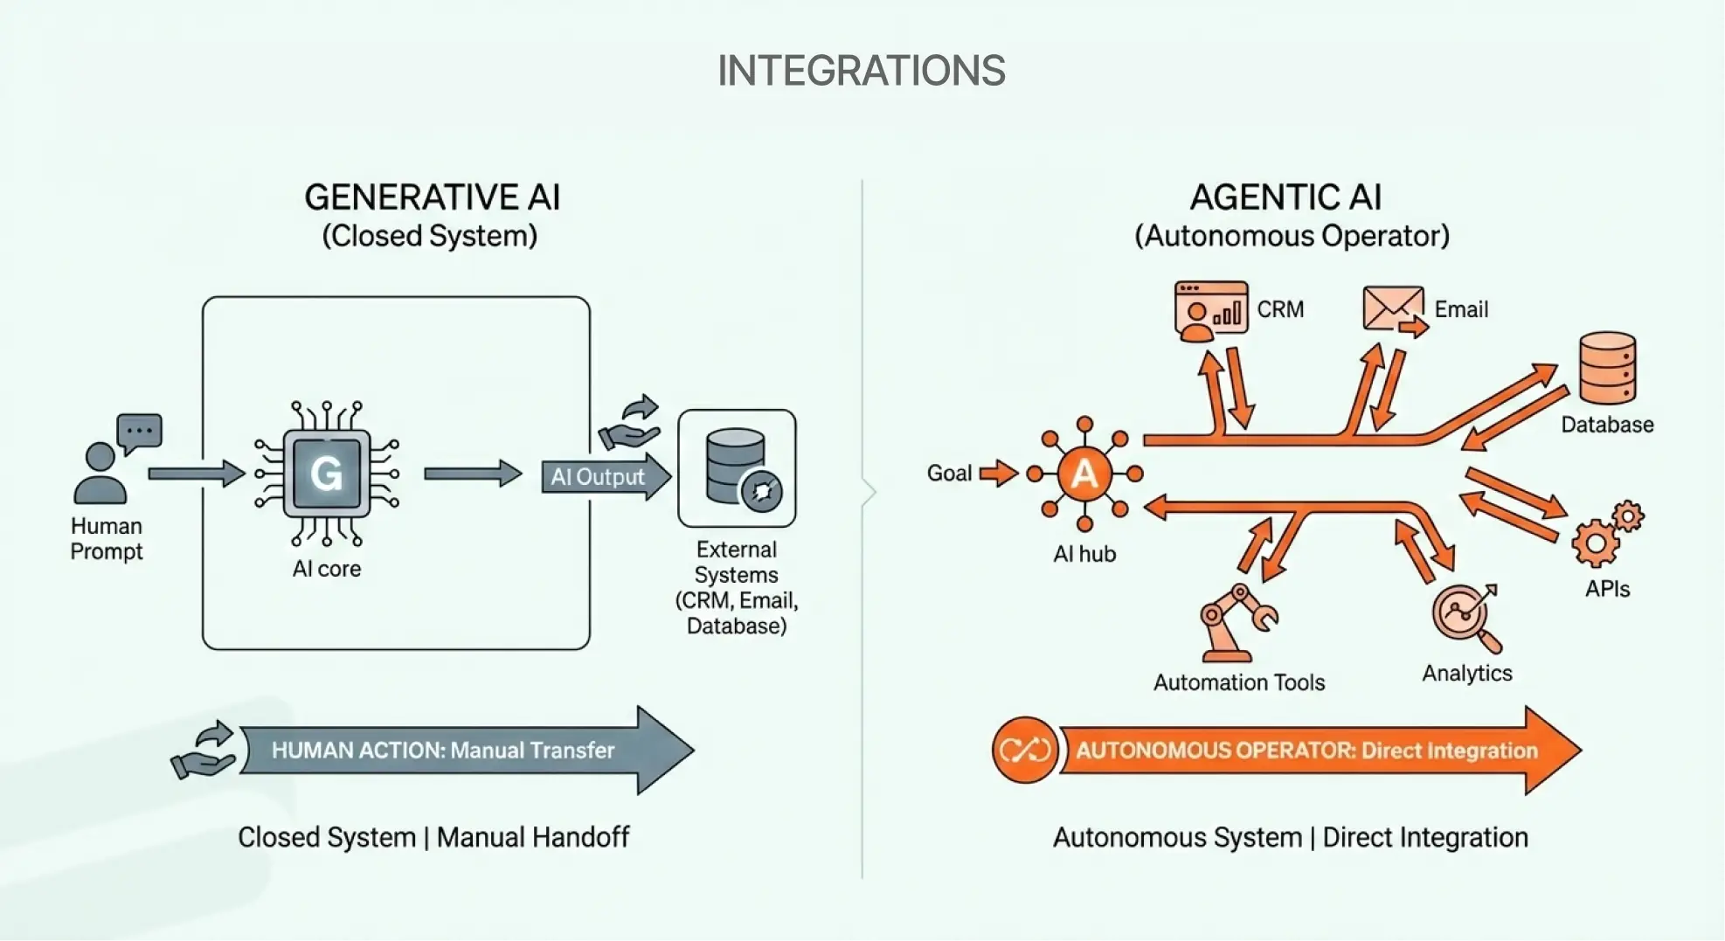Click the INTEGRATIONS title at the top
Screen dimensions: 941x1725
(x=861, y=71)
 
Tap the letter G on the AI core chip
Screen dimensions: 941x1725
(x=326, y=474)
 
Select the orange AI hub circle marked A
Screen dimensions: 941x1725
(x=1084, y=474)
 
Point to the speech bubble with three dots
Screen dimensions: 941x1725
(x=139, y=432)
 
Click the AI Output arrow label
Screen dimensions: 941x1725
(x=598, y=477)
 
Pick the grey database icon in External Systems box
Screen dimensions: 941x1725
(x=736, y=467)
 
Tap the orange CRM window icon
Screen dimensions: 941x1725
(x=1210, y=310)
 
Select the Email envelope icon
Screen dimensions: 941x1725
(x=1392, y=308)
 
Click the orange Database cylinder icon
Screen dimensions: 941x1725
(x=1607, y=368)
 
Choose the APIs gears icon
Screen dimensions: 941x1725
(x=1606, y=534)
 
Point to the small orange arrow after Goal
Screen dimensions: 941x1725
(x=998, y=474)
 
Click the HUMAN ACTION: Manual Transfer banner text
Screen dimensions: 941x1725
(x=442, y=751)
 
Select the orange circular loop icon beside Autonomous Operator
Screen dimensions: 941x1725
(x=1024, y=750)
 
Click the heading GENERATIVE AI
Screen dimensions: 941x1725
(x=432, y=197)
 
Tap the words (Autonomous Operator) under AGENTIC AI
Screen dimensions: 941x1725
(x=1292, y=236)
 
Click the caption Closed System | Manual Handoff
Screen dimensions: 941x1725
(x=433, y=837)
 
